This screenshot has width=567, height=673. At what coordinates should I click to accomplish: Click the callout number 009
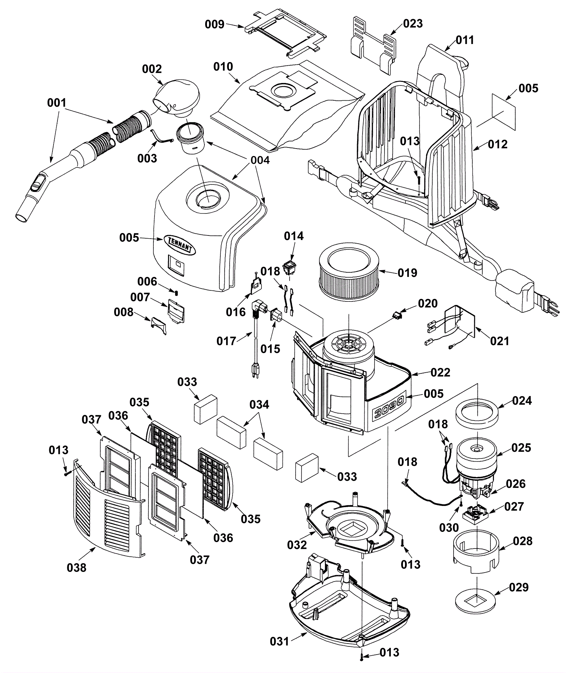click(215, 24)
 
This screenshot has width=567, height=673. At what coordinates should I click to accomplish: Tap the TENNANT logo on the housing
click(179, 245)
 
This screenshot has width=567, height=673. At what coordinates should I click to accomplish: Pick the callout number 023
click(413, 23)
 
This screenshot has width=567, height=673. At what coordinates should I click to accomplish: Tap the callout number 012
click(498, 144)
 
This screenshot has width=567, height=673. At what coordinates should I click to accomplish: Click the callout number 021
click(500, 341)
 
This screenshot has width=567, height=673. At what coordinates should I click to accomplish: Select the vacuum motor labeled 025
click(476, 467)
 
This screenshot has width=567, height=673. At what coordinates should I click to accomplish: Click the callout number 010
click(223, 67)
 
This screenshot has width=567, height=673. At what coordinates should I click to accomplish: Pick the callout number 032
click(297, 544)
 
